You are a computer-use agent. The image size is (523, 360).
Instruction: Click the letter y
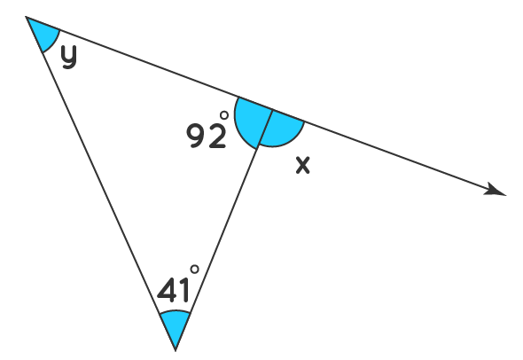tap(69, 57)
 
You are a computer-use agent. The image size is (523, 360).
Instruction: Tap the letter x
tap(303, 165)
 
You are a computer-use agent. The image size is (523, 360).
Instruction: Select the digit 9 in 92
tap(197, 136)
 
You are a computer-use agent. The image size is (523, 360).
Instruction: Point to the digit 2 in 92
tap(217, 136)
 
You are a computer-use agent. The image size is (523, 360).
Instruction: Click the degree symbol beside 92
tap(224, 115)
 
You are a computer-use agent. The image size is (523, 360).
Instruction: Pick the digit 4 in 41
tap(168, 290)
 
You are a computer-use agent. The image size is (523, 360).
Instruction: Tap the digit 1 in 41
tap(185, 290)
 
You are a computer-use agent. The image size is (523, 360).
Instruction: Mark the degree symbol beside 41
tap(194, 269)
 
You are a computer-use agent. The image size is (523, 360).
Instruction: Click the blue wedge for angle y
tap(43, 32)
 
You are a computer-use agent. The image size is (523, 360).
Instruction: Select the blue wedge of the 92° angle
tap(251, 121)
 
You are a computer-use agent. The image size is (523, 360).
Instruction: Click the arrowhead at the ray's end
tap(497, 190)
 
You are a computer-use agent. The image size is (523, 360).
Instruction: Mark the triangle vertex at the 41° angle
tap(176, 350)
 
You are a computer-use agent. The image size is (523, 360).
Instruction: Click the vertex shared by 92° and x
tap(273, 109)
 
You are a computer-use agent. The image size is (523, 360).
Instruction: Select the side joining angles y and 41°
tap(101, 184)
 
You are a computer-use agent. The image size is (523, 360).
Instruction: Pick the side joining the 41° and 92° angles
tap(224, 230)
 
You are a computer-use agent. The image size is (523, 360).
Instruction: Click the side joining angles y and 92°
tap(150, 63)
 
